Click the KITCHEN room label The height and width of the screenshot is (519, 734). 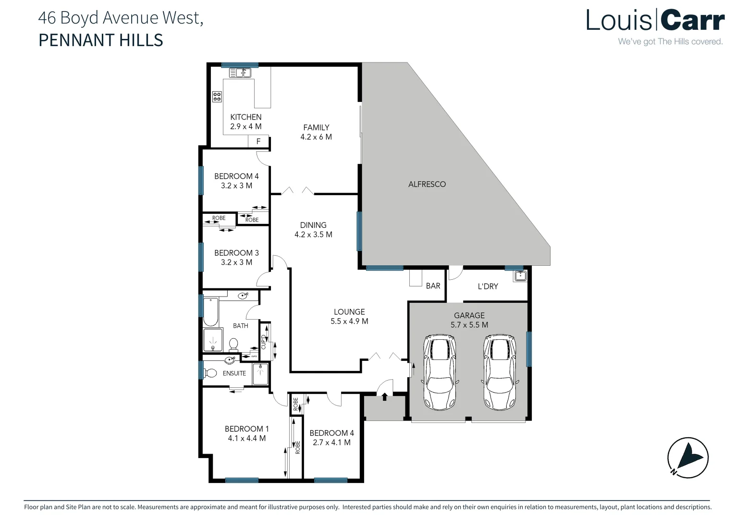coord(245,117)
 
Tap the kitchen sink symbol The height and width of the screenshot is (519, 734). coord(240,73)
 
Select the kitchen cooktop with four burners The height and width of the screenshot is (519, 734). coord(217,97)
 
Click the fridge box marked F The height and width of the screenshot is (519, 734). coord(258,141)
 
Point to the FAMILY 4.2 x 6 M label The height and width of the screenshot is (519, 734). coord(316,132)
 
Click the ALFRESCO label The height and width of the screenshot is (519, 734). coord(427,184)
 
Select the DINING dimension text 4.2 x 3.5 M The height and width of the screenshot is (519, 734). coord(313,235)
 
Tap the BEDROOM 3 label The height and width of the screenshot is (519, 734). coord(236,253)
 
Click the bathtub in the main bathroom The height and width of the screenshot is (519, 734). coord(210,312)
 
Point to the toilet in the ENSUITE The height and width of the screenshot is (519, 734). coord(209,373)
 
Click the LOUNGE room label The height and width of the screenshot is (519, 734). coord(349,312)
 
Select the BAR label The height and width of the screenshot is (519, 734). coord(433,286)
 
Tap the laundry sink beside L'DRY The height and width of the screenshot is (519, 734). coord(520,276)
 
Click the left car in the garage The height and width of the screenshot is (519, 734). coord(440,372)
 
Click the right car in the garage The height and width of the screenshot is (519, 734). coord(499,372)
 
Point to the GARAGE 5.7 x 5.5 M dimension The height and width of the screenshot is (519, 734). coord(469,325)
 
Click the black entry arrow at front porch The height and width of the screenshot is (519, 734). coord(384,396)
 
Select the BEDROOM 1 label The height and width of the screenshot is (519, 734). coord(246,429)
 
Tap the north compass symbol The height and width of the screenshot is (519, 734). coord(688,457)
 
